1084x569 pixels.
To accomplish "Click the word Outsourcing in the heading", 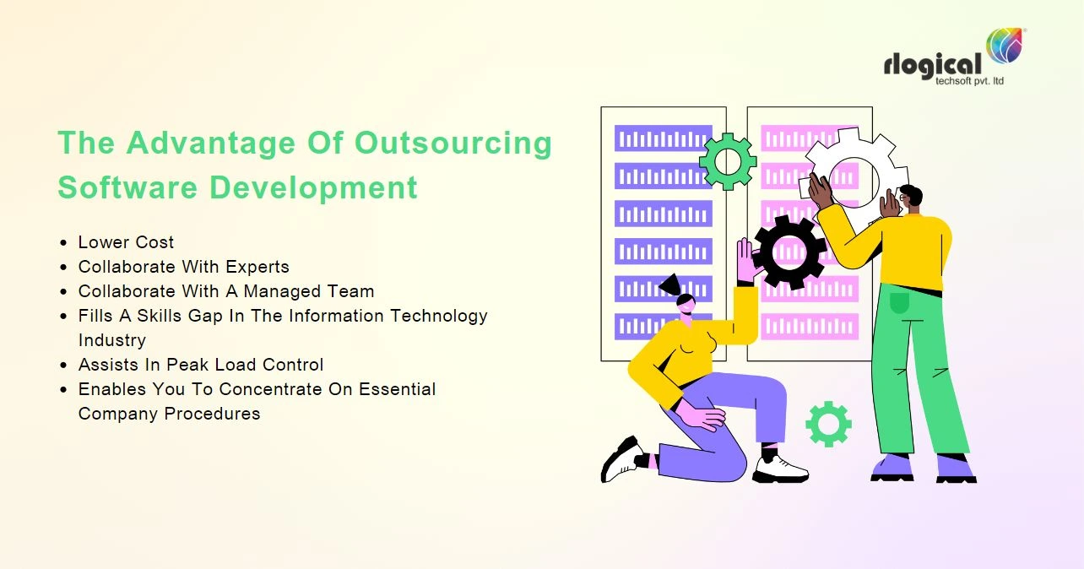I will [x=453, y=144].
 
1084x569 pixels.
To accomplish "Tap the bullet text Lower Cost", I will [x=126, y=242].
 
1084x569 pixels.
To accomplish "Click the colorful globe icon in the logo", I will [x=1005, y=47].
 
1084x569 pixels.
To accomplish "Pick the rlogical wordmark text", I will [x=933, y=65].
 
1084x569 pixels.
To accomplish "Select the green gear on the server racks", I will [x=727, y=161].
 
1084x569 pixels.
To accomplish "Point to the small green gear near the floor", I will [x=827, y=424].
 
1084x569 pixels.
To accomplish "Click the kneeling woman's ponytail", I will [x=669, y=284].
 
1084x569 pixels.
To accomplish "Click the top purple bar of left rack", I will [x=663, y=138].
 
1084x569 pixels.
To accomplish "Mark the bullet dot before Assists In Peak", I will [x=64, y=366].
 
